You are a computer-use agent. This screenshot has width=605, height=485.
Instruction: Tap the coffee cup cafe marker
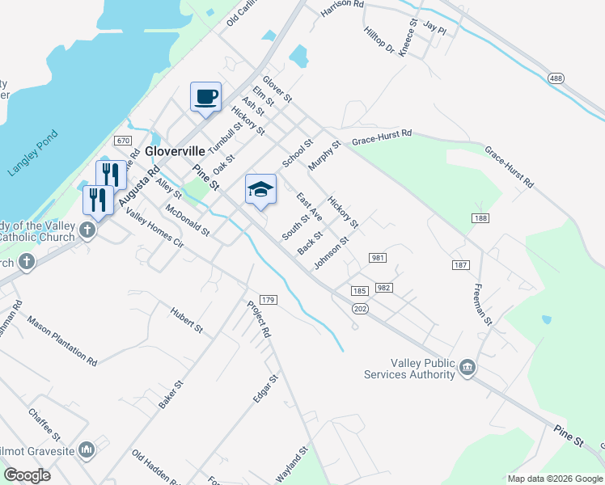205,97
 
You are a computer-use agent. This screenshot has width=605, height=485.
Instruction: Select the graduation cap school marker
260,190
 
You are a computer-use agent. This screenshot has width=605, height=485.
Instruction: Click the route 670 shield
123,141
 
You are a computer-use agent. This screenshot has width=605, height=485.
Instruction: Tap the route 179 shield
269,300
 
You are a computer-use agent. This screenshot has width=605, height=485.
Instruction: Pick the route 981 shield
377,258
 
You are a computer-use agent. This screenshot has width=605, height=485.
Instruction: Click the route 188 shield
481,219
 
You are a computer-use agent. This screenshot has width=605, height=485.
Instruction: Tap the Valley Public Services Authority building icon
467,369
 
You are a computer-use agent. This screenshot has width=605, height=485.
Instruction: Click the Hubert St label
187,319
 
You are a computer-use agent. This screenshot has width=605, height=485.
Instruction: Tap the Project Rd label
259,319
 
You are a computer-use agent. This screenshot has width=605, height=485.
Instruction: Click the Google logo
27,475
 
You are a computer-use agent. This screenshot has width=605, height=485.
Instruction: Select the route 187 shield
461,265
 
